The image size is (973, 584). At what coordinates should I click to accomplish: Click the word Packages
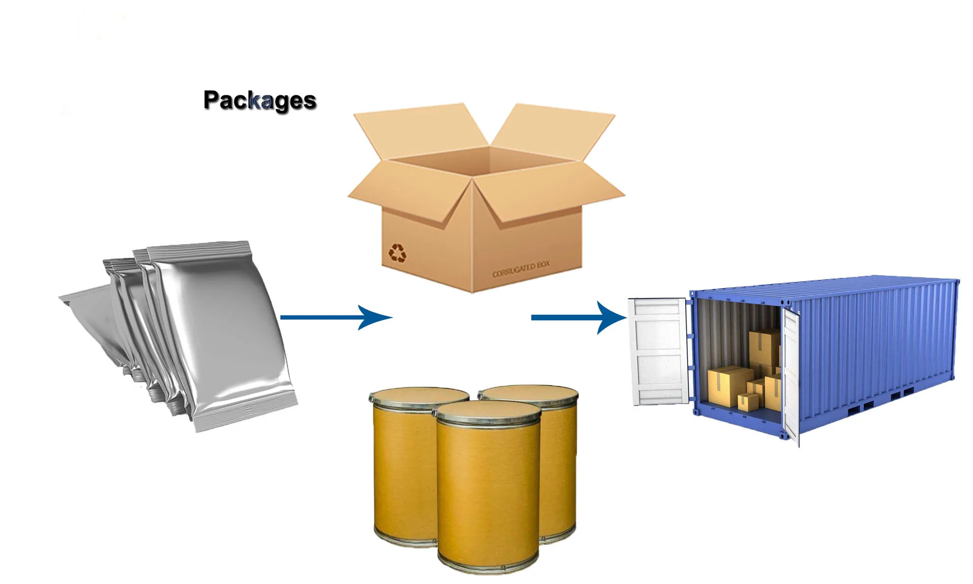click(x=259, y=100)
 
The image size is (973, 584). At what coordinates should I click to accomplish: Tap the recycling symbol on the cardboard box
click(x=397, y=252)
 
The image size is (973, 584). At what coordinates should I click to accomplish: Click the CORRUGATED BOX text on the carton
click(x=521, y=269)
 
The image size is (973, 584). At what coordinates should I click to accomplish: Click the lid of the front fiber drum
click(x=489, y=411)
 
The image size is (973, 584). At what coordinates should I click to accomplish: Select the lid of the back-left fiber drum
click(x=419, y=395)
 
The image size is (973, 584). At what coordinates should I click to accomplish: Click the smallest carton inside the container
click(x=747, y=402)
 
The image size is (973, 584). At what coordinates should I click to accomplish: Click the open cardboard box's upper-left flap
click(x=421, y=129)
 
